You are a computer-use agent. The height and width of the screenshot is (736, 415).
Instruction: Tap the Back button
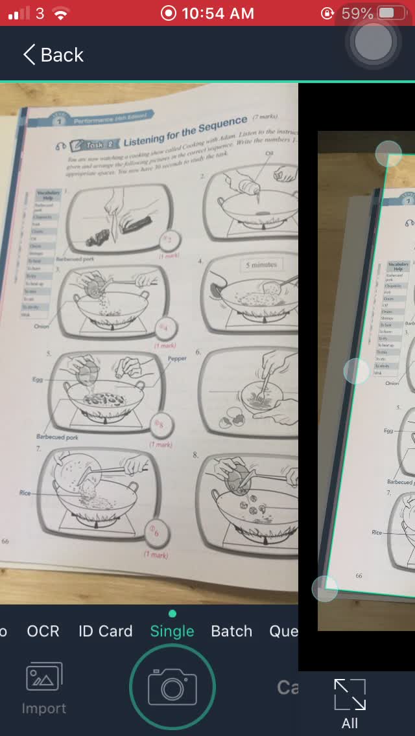[x=53, y=55]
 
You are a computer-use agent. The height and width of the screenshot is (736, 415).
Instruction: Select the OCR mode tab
[x=43, y=631]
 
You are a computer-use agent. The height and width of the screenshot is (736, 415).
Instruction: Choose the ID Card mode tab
[x=105, y=631]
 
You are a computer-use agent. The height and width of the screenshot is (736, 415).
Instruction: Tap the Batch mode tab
[x=231, y=631]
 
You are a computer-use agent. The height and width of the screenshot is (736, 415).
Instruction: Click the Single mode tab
[x=172, y=631]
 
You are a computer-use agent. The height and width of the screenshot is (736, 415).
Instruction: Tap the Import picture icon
[x=43, y=688]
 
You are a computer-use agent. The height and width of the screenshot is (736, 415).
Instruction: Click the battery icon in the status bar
[x=388, y=13]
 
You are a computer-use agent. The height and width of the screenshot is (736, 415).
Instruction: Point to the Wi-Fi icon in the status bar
[x=61, y=13]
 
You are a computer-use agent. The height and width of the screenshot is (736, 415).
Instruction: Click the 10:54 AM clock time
[x=218, y=13]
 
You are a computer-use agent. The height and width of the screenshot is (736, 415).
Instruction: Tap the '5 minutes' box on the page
[x=261, y=265]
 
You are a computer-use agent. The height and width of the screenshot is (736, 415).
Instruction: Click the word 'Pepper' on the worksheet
[x=176, y=358]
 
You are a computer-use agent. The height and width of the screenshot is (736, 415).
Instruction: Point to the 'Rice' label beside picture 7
[x=25, y=493]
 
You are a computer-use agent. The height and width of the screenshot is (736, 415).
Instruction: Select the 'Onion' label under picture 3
[x=41, y=327]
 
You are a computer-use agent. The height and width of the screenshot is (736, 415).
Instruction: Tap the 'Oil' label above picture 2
[x=270, y=153]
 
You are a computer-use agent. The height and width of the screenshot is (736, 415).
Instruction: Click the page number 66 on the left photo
[x=5, y=541]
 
